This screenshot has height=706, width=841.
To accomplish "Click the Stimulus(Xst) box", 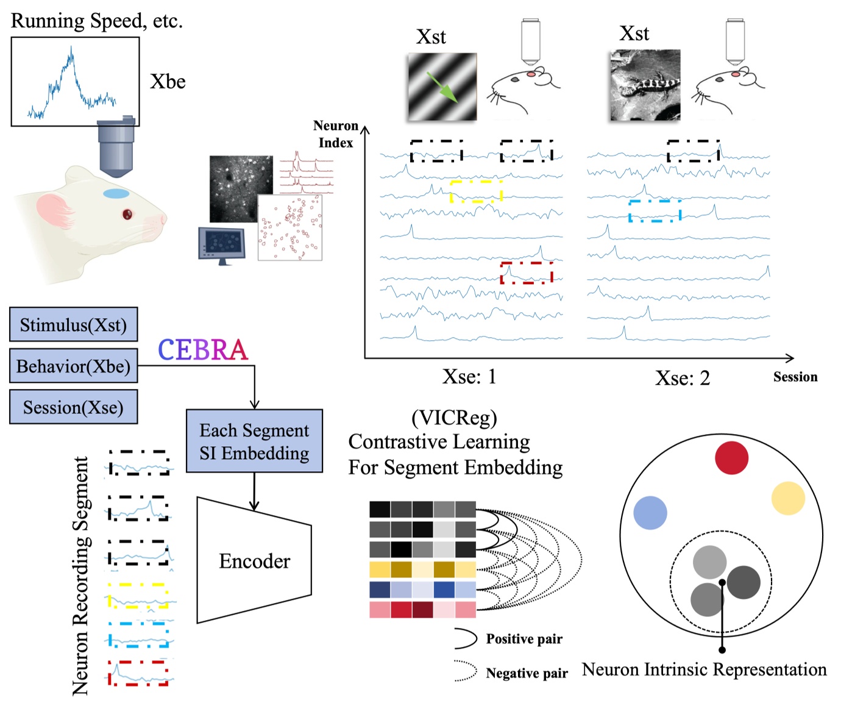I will click(x=73, y=324).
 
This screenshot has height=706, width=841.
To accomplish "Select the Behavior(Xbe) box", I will click(x=73, y=366).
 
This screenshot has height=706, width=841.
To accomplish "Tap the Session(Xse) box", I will click(x=73, y=407).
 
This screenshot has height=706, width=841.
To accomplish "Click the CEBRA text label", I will click(x=202, y=350).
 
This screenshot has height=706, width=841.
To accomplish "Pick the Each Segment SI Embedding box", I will click(x=254, y=441).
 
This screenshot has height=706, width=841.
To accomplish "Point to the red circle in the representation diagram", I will click(x=731, y=458).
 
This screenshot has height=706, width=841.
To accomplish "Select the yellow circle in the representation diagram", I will click(x=788, y=498).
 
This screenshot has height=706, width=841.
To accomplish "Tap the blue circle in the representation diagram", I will click(x=650, y=512).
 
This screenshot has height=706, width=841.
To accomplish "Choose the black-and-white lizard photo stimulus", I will click(x=645, y=85).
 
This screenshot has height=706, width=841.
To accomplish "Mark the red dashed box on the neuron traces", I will click(x=527, y=273).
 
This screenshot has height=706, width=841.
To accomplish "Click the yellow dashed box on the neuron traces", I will click(x=476, y=191).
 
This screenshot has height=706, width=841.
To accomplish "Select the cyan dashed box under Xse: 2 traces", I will click(x=655, y=210).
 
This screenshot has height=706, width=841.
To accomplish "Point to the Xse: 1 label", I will click(x=469, y=377).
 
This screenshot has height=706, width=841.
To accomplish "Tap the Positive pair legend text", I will click(x=524, y=639).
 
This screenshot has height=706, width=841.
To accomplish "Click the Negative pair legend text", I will click(x=527, y=673).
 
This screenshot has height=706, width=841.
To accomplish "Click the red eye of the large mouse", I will click(x=127, y=214).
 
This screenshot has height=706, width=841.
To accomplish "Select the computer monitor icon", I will click(x=221, y=244).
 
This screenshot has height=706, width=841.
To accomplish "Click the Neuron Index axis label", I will click(x=336, y=134).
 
